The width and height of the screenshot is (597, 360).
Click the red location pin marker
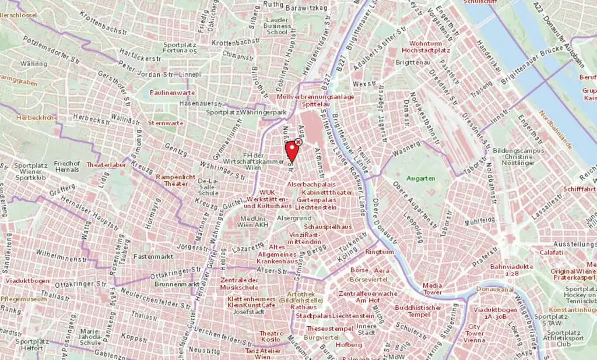point(292,151)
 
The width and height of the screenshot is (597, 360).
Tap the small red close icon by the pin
point(298,142)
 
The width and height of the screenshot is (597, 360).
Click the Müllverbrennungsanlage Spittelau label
point(315,100)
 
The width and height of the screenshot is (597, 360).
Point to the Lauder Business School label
point(276,26)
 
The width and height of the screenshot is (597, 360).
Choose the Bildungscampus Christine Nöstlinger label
point(512,158)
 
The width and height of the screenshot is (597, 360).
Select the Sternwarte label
point(166,123)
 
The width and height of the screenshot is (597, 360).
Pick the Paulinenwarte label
point(172,92)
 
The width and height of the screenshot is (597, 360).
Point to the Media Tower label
point(432,289)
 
